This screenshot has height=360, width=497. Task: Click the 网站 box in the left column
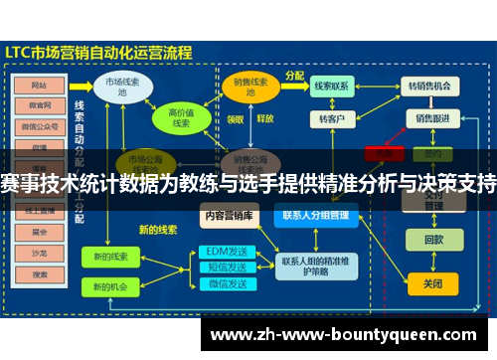coord(40,86)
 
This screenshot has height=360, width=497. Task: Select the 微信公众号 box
coord(40,125)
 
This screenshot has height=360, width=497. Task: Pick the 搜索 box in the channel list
coord(40,273)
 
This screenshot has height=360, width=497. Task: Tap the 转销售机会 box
coord(431,87)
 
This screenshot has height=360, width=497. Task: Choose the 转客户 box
coord(331,119)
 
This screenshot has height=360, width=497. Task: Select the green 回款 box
coord(433,240)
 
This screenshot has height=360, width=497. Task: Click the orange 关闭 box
coord(433,283)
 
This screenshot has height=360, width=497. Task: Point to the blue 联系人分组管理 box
coord(315,214)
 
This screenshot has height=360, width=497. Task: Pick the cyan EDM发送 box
coord(225,251)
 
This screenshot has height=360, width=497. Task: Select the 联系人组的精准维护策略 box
coord(315,267)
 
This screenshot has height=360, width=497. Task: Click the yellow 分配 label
coord(294,74)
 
